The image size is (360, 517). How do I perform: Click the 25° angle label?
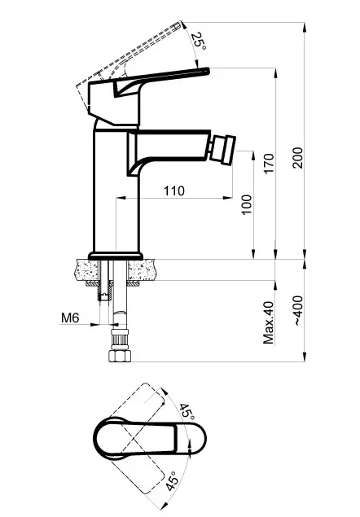[x=199, y=41]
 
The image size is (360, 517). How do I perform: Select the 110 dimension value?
[x=174, y=191]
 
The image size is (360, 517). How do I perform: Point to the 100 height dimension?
[x=247, y=204]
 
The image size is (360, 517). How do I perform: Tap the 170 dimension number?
[x=269, y=164]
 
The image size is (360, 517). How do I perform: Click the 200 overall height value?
[x=297, y=158]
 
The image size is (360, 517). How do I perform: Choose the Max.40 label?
[x=269, y=322]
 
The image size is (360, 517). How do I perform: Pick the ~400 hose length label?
[x=298, y=311]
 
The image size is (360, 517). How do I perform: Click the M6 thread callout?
[x=70, y=318]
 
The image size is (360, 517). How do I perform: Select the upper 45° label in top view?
[x=187, y=411]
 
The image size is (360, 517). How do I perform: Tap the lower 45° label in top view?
[x=172, y=480]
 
